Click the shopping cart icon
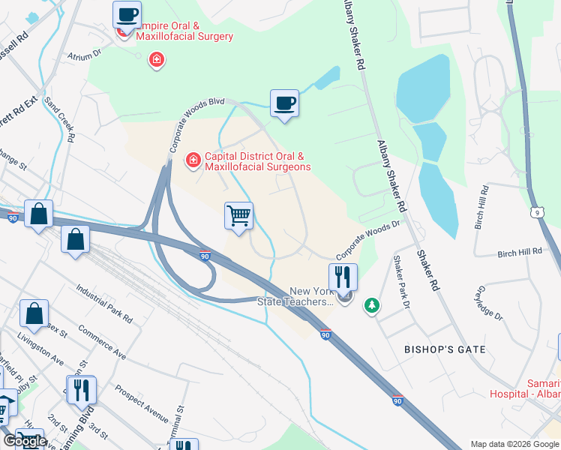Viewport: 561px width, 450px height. (x=239, y=217)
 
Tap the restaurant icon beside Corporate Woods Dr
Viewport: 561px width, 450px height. (x=343, y=277)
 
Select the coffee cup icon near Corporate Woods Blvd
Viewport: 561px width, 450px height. (x=284, y=103)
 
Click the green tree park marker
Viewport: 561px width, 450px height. (x=370, y=305)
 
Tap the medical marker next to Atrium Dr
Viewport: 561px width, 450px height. (x=157, y=59)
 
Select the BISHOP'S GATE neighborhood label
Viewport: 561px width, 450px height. (x=445, y=349)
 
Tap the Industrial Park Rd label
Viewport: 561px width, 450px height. (x=104, y=304)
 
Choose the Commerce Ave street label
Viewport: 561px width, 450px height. (x=101, y=340)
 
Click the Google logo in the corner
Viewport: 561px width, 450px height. (x=24, y=441)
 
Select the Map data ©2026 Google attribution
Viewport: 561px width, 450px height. (x=514, y=444)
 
